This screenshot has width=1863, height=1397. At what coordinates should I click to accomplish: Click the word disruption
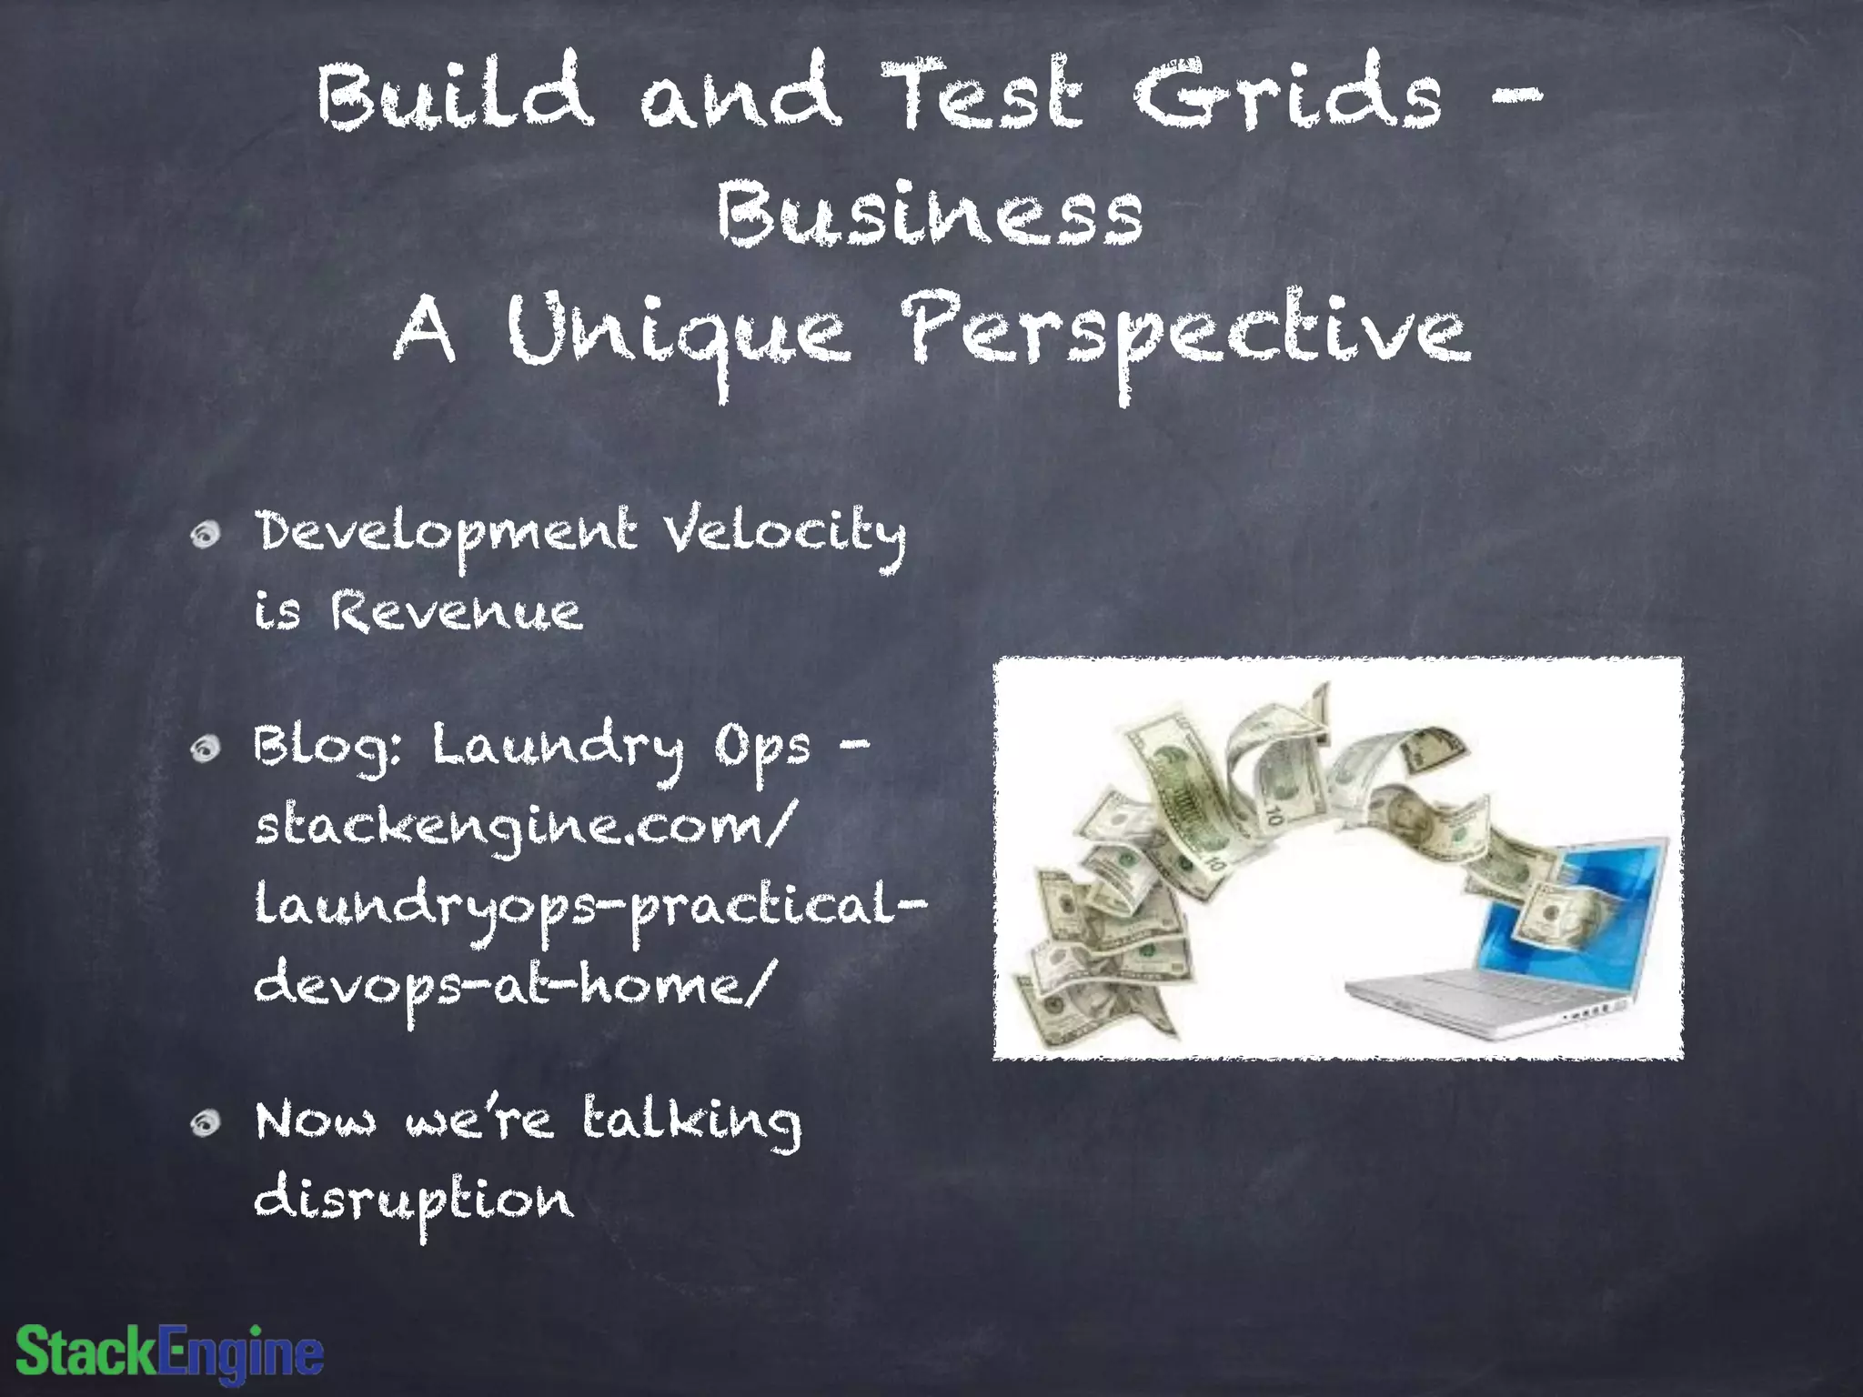[x=414, y=1201]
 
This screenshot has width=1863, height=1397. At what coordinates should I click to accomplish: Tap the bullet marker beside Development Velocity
[x=206, y=536]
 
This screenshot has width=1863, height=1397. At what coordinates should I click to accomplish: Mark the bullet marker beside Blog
[x=206, y=748]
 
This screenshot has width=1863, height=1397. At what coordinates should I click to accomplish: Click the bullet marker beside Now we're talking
[x=206, y=1124]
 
